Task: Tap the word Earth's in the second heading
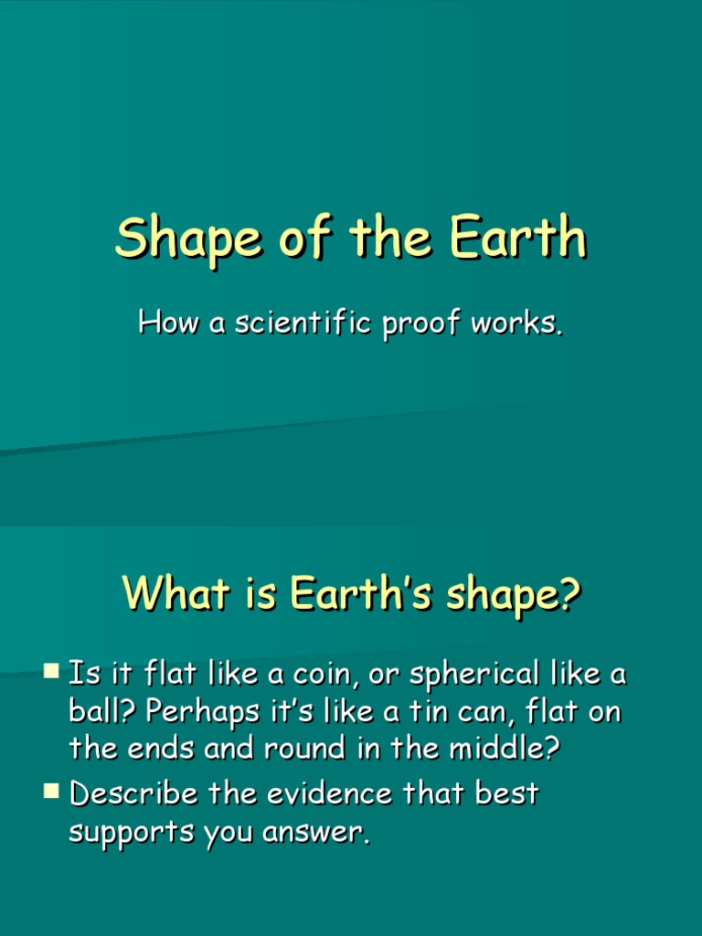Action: click(356, 595)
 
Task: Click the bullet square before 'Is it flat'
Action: click(51, 673)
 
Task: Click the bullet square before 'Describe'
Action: click(51, 791)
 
